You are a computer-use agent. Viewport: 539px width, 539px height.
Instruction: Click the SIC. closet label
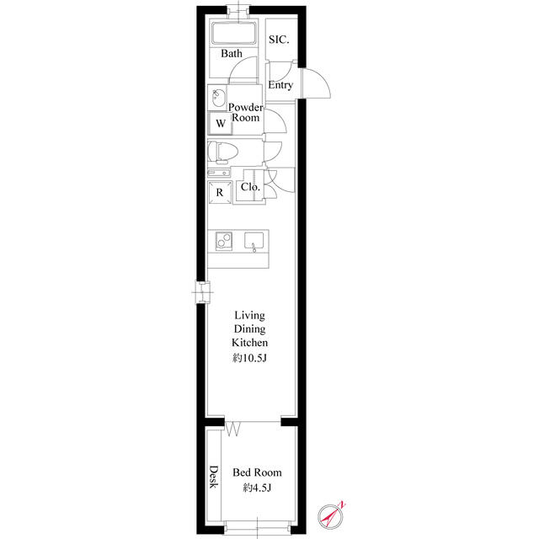pyautogui.click(x=279, y=40)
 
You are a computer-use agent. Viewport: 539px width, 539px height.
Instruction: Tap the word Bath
pyautogui.click(x=232, y=53)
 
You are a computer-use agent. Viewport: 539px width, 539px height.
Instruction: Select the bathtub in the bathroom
pyautogui.click(x=234, y=33)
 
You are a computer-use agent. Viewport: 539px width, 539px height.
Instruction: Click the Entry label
pyautogui.click(x=280, y=84)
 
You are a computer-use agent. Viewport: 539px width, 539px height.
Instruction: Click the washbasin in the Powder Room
pyautogui.click(x=218, y=98)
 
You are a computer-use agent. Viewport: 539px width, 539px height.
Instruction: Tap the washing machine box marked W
pyautogui.click(x=221, y=123)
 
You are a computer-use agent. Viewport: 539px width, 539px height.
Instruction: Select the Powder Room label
pyautogui.click(x=245, y=112)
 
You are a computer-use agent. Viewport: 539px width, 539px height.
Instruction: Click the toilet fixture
pyautogui.click(x=222, y=152)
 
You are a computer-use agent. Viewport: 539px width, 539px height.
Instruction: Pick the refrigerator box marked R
pyautogui.click(x=220, y=192)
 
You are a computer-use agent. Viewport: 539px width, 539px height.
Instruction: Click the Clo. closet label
pyautogui.click(x=250, y=187)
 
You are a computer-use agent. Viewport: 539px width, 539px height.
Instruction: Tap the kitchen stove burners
pyautogui.click(x=224, y=241)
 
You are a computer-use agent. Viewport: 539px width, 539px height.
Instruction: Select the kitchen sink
pyautogui.click(x=254, y=241)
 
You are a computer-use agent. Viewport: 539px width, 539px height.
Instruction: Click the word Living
pyautogui.click(x=249, y=315)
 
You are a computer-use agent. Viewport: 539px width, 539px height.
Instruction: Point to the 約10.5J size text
pyautogui.click(x=249, y=358)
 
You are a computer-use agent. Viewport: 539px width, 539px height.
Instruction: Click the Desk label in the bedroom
pyautogui.click(x=214, y=477)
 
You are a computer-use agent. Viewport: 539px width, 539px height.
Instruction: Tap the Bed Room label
pyautogui.click(x=257, y=472)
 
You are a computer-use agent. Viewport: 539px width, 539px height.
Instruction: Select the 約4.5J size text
pyautogui.click(x=257, y=488)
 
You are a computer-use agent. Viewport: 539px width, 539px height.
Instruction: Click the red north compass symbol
pyautogui.click(x=331, y=516)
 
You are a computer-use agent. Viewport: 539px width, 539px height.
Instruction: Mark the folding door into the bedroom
pyautogui.click(x=232, y=429)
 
